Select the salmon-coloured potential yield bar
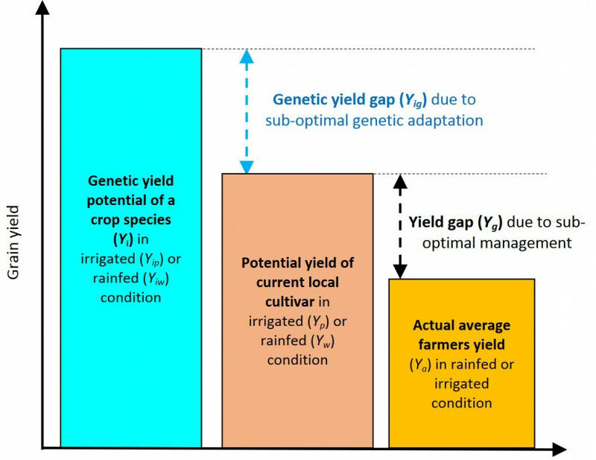[x=297, y=403]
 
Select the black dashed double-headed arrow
[x=400, y=226]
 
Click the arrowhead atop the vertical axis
[x=45, y=10]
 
